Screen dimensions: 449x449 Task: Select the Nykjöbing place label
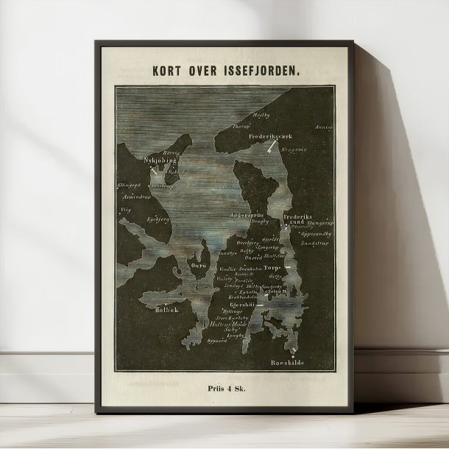pos(159,159)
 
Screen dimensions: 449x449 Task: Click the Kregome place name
pos(293,149)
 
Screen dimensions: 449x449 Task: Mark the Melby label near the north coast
pos(261,116)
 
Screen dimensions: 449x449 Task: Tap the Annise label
pos(323,127)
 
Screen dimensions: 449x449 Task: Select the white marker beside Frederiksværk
pos(272,146)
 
